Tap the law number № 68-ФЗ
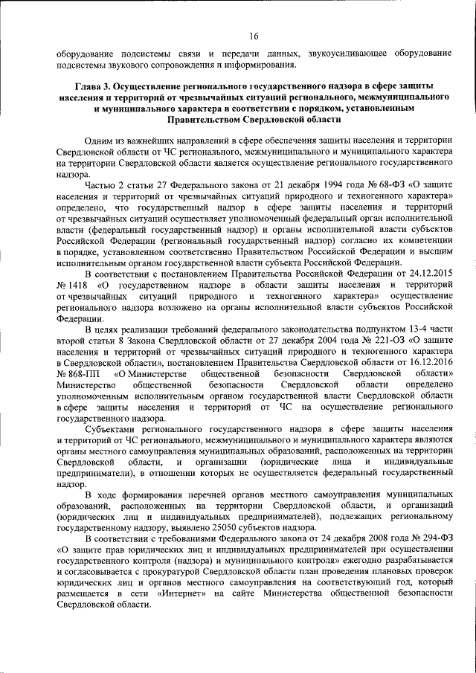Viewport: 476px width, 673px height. tap(359, 186)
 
